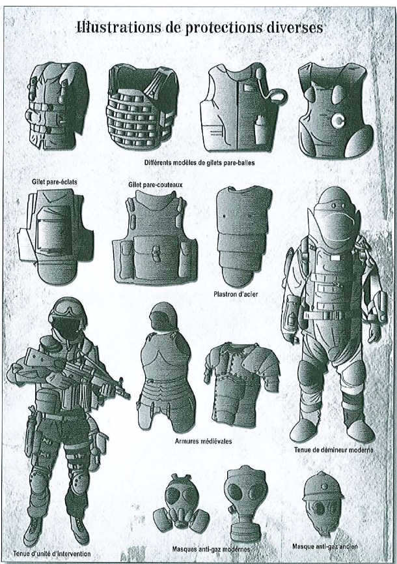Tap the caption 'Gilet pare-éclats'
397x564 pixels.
[54, 182]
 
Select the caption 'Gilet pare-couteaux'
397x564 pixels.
[156, 185]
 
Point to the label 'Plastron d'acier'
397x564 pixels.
[236, 294]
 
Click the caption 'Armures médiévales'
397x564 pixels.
[204, 441]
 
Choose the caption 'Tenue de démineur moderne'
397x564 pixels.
[334, 450]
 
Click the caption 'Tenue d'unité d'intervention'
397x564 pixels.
[52, 554]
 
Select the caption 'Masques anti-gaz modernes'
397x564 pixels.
[211, 549]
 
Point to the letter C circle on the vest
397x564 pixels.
[338, 121]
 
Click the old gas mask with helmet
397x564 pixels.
[323, 503]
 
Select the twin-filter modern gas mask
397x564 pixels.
[181, 503]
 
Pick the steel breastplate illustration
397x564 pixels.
[243, 236]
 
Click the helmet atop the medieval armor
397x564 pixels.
[163, 316]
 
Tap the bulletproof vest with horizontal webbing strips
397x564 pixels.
[143, 107]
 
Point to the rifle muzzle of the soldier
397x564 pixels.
[128, 396]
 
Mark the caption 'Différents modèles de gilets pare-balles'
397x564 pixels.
[200, 162]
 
